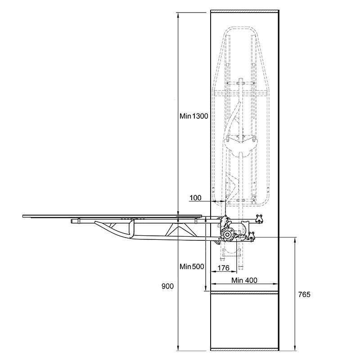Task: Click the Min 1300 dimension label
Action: [x=194, y=116]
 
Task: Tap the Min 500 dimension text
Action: [x=192, y=266]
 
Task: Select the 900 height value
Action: [x=167, y=286]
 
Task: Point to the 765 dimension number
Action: [x=304, y=295]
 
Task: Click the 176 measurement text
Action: [x=223, y=268]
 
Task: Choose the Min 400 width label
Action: [x=244, y=280]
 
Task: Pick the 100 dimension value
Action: [x=196, y=198]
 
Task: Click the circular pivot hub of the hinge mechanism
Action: [x=227, y=234]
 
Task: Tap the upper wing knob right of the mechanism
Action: [x=259, y=218]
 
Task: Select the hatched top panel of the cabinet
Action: [x=245, y=11]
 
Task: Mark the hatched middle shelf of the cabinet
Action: [x=245, y=292]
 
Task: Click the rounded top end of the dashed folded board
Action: [x=240, y=27]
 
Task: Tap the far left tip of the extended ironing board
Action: [x=23, y=216]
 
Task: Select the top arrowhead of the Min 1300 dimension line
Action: [x=178, y=15]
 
